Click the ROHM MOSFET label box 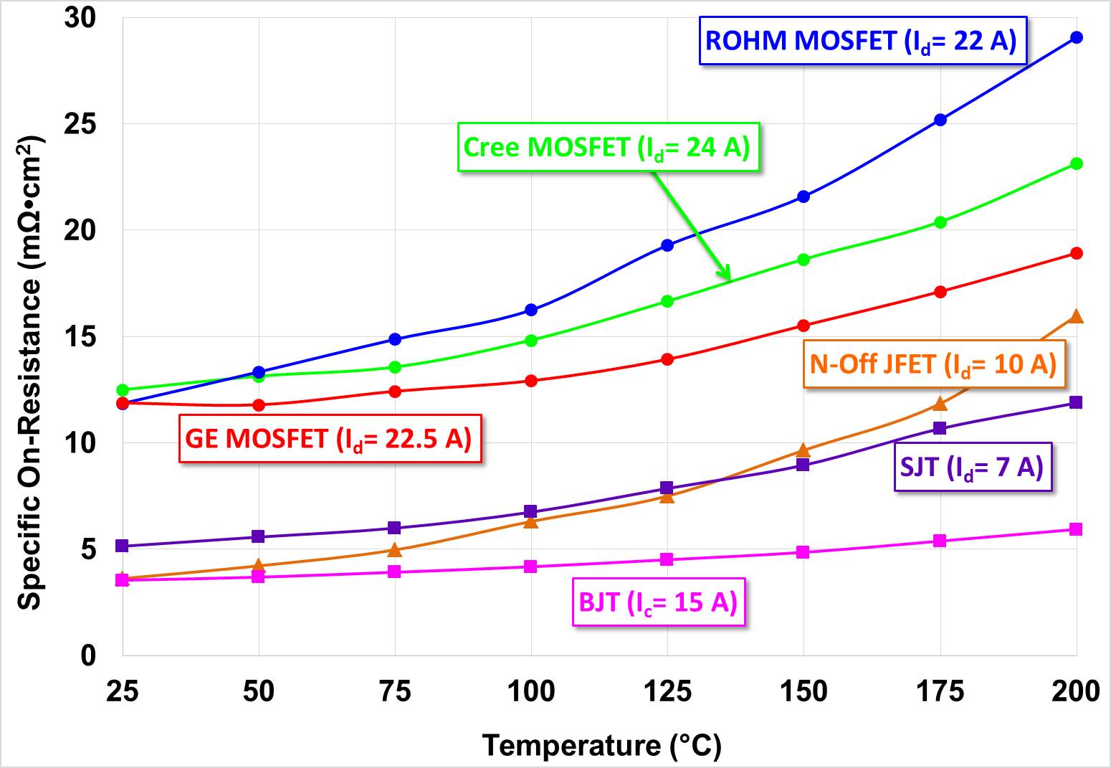click(x=862, y=40)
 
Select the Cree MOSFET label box click(x=608, y=147)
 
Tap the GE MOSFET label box click(x=330, y=438)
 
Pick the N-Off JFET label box click(x=933, y=364)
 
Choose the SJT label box click(x=973, y=467)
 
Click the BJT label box click(x=659, y=602)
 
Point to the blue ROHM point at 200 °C click(x=1076, y=37)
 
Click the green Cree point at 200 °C click(x=1076, y=163)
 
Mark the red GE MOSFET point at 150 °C click(x=804, y=326)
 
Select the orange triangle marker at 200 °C click(x=1076, y=316)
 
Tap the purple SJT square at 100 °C click(x=530, y=511)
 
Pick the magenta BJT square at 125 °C click(x=667, y=559)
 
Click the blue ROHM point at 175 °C click(x=940, y=120)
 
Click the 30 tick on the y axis click(x=80, y=18)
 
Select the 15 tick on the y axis click(x=80, y=336)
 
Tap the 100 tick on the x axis click(x=530, y=691)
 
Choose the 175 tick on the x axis click(x=940, y=691)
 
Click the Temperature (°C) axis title click(x=601, y=746)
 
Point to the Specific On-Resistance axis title click(x=30, y=373)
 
